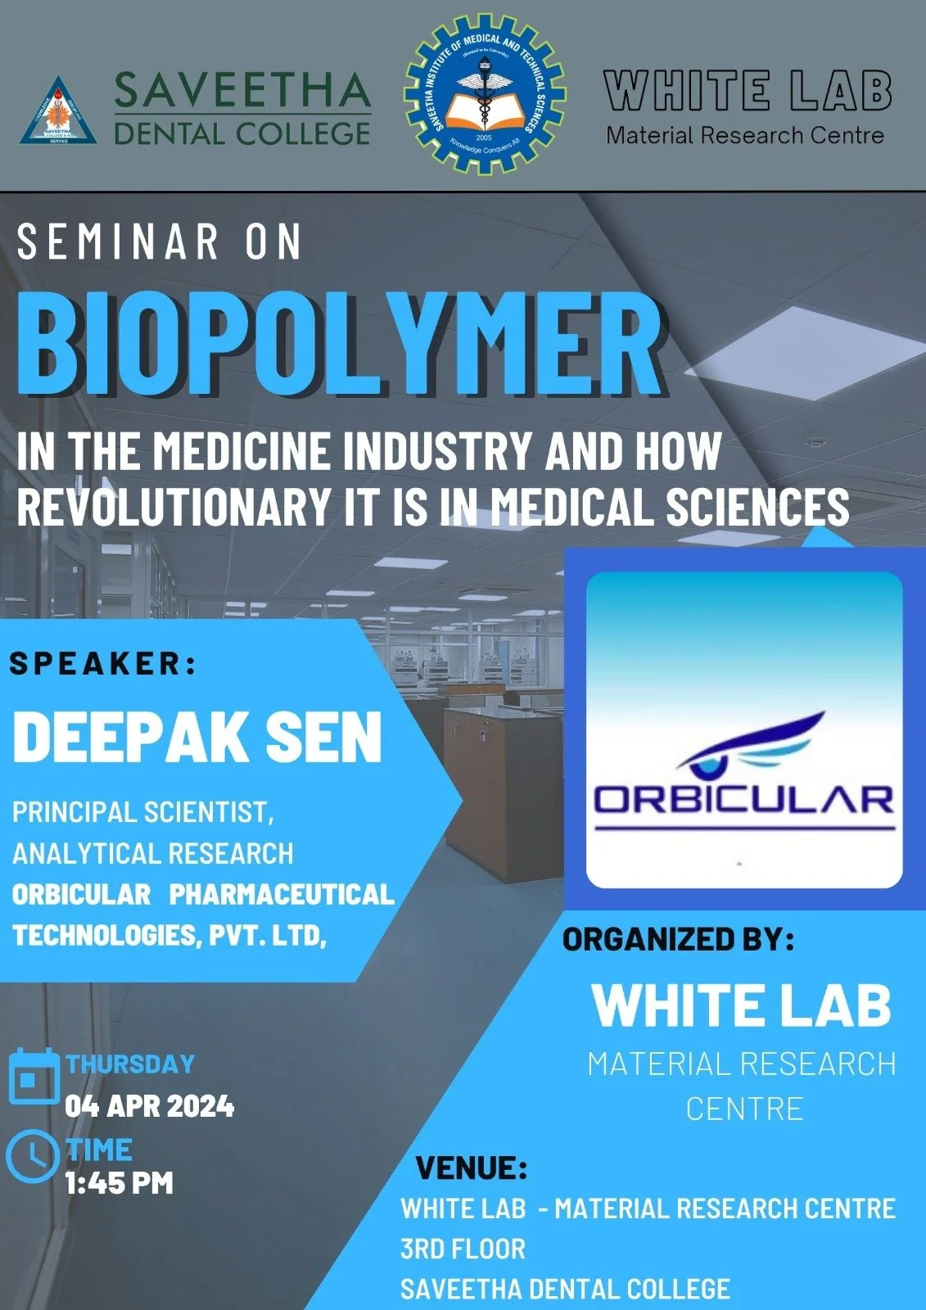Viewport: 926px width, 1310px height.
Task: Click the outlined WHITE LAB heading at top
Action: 747,90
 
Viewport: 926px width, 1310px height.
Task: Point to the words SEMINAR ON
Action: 160,242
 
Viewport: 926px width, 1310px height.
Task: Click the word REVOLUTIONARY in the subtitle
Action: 173,507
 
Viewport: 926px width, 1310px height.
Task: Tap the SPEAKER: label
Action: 104,664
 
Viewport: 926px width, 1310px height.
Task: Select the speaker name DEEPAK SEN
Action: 197,737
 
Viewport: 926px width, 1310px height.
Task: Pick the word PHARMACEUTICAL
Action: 282,894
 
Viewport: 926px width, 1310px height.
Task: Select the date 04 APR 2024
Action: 150,1107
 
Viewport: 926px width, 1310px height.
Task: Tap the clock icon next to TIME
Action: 32,1155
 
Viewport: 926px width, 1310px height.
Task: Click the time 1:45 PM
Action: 120,1183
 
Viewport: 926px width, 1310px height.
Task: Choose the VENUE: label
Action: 472,1168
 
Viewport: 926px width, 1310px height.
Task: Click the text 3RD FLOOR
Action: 463,1249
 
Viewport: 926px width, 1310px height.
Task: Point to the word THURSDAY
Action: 130,1064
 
